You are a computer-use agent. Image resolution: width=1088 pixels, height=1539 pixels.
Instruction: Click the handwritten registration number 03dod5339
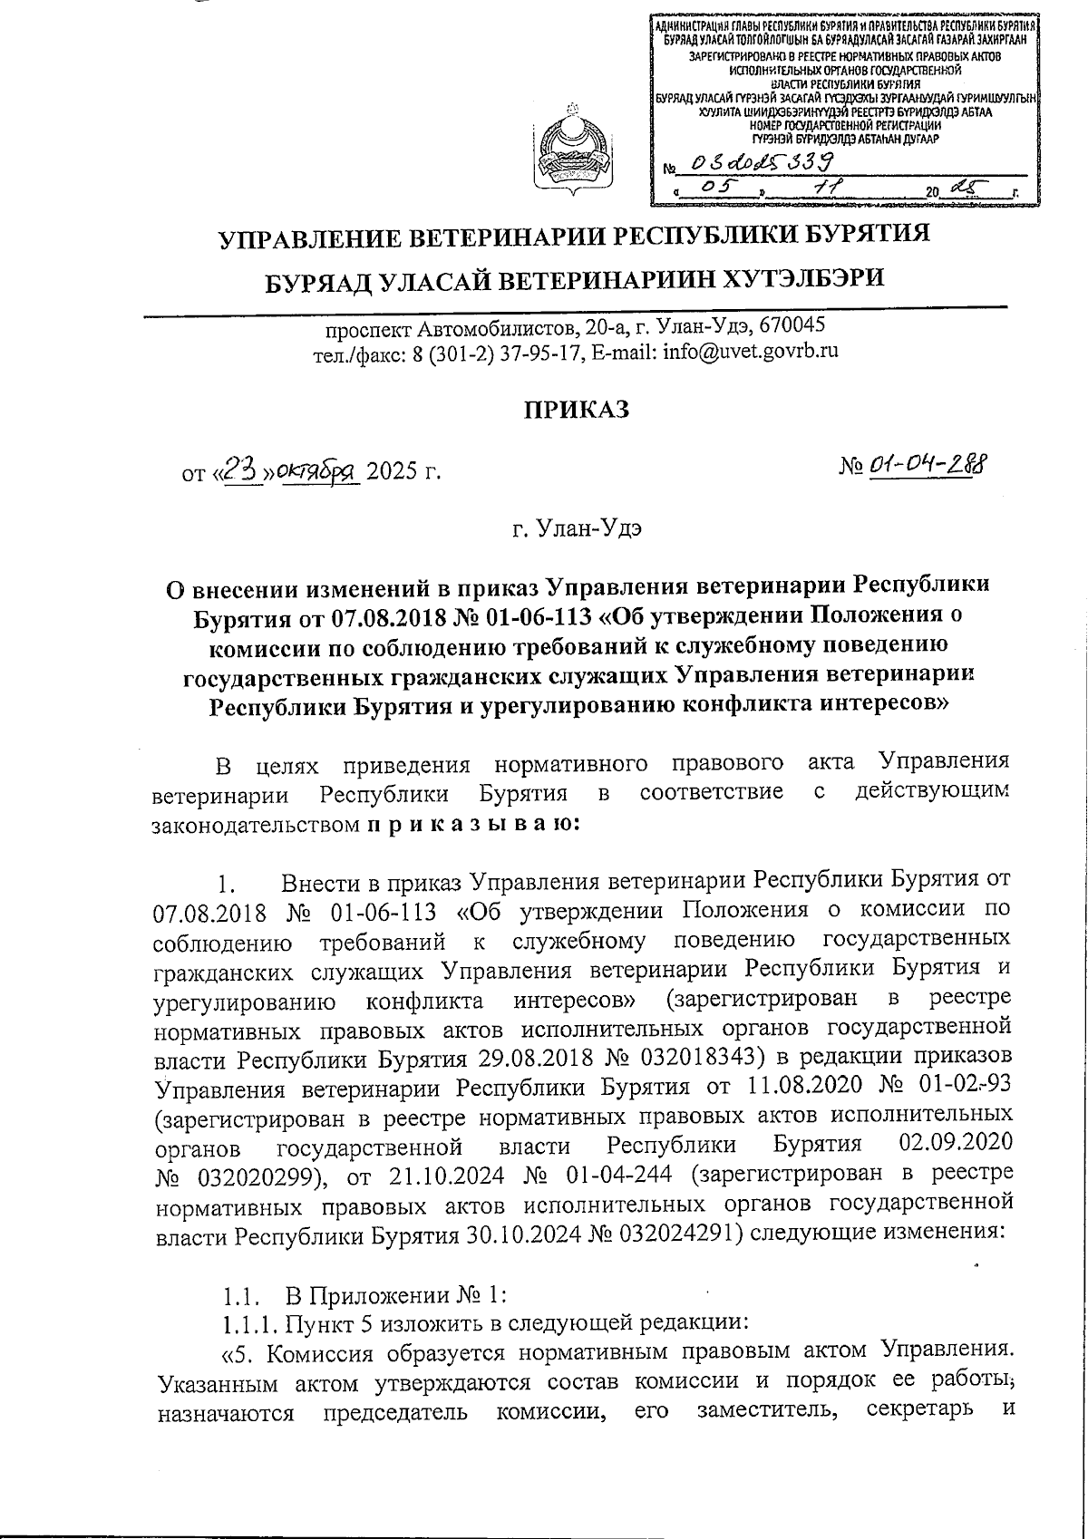click(x=762, y=162)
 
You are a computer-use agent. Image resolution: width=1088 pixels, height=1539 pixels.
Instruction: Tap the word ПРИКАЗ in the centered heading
click(x=573, y=410)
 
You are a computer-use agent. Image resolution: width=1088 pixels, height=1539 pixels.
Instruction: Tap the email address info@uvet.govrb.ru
click(x=750, y=351)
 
